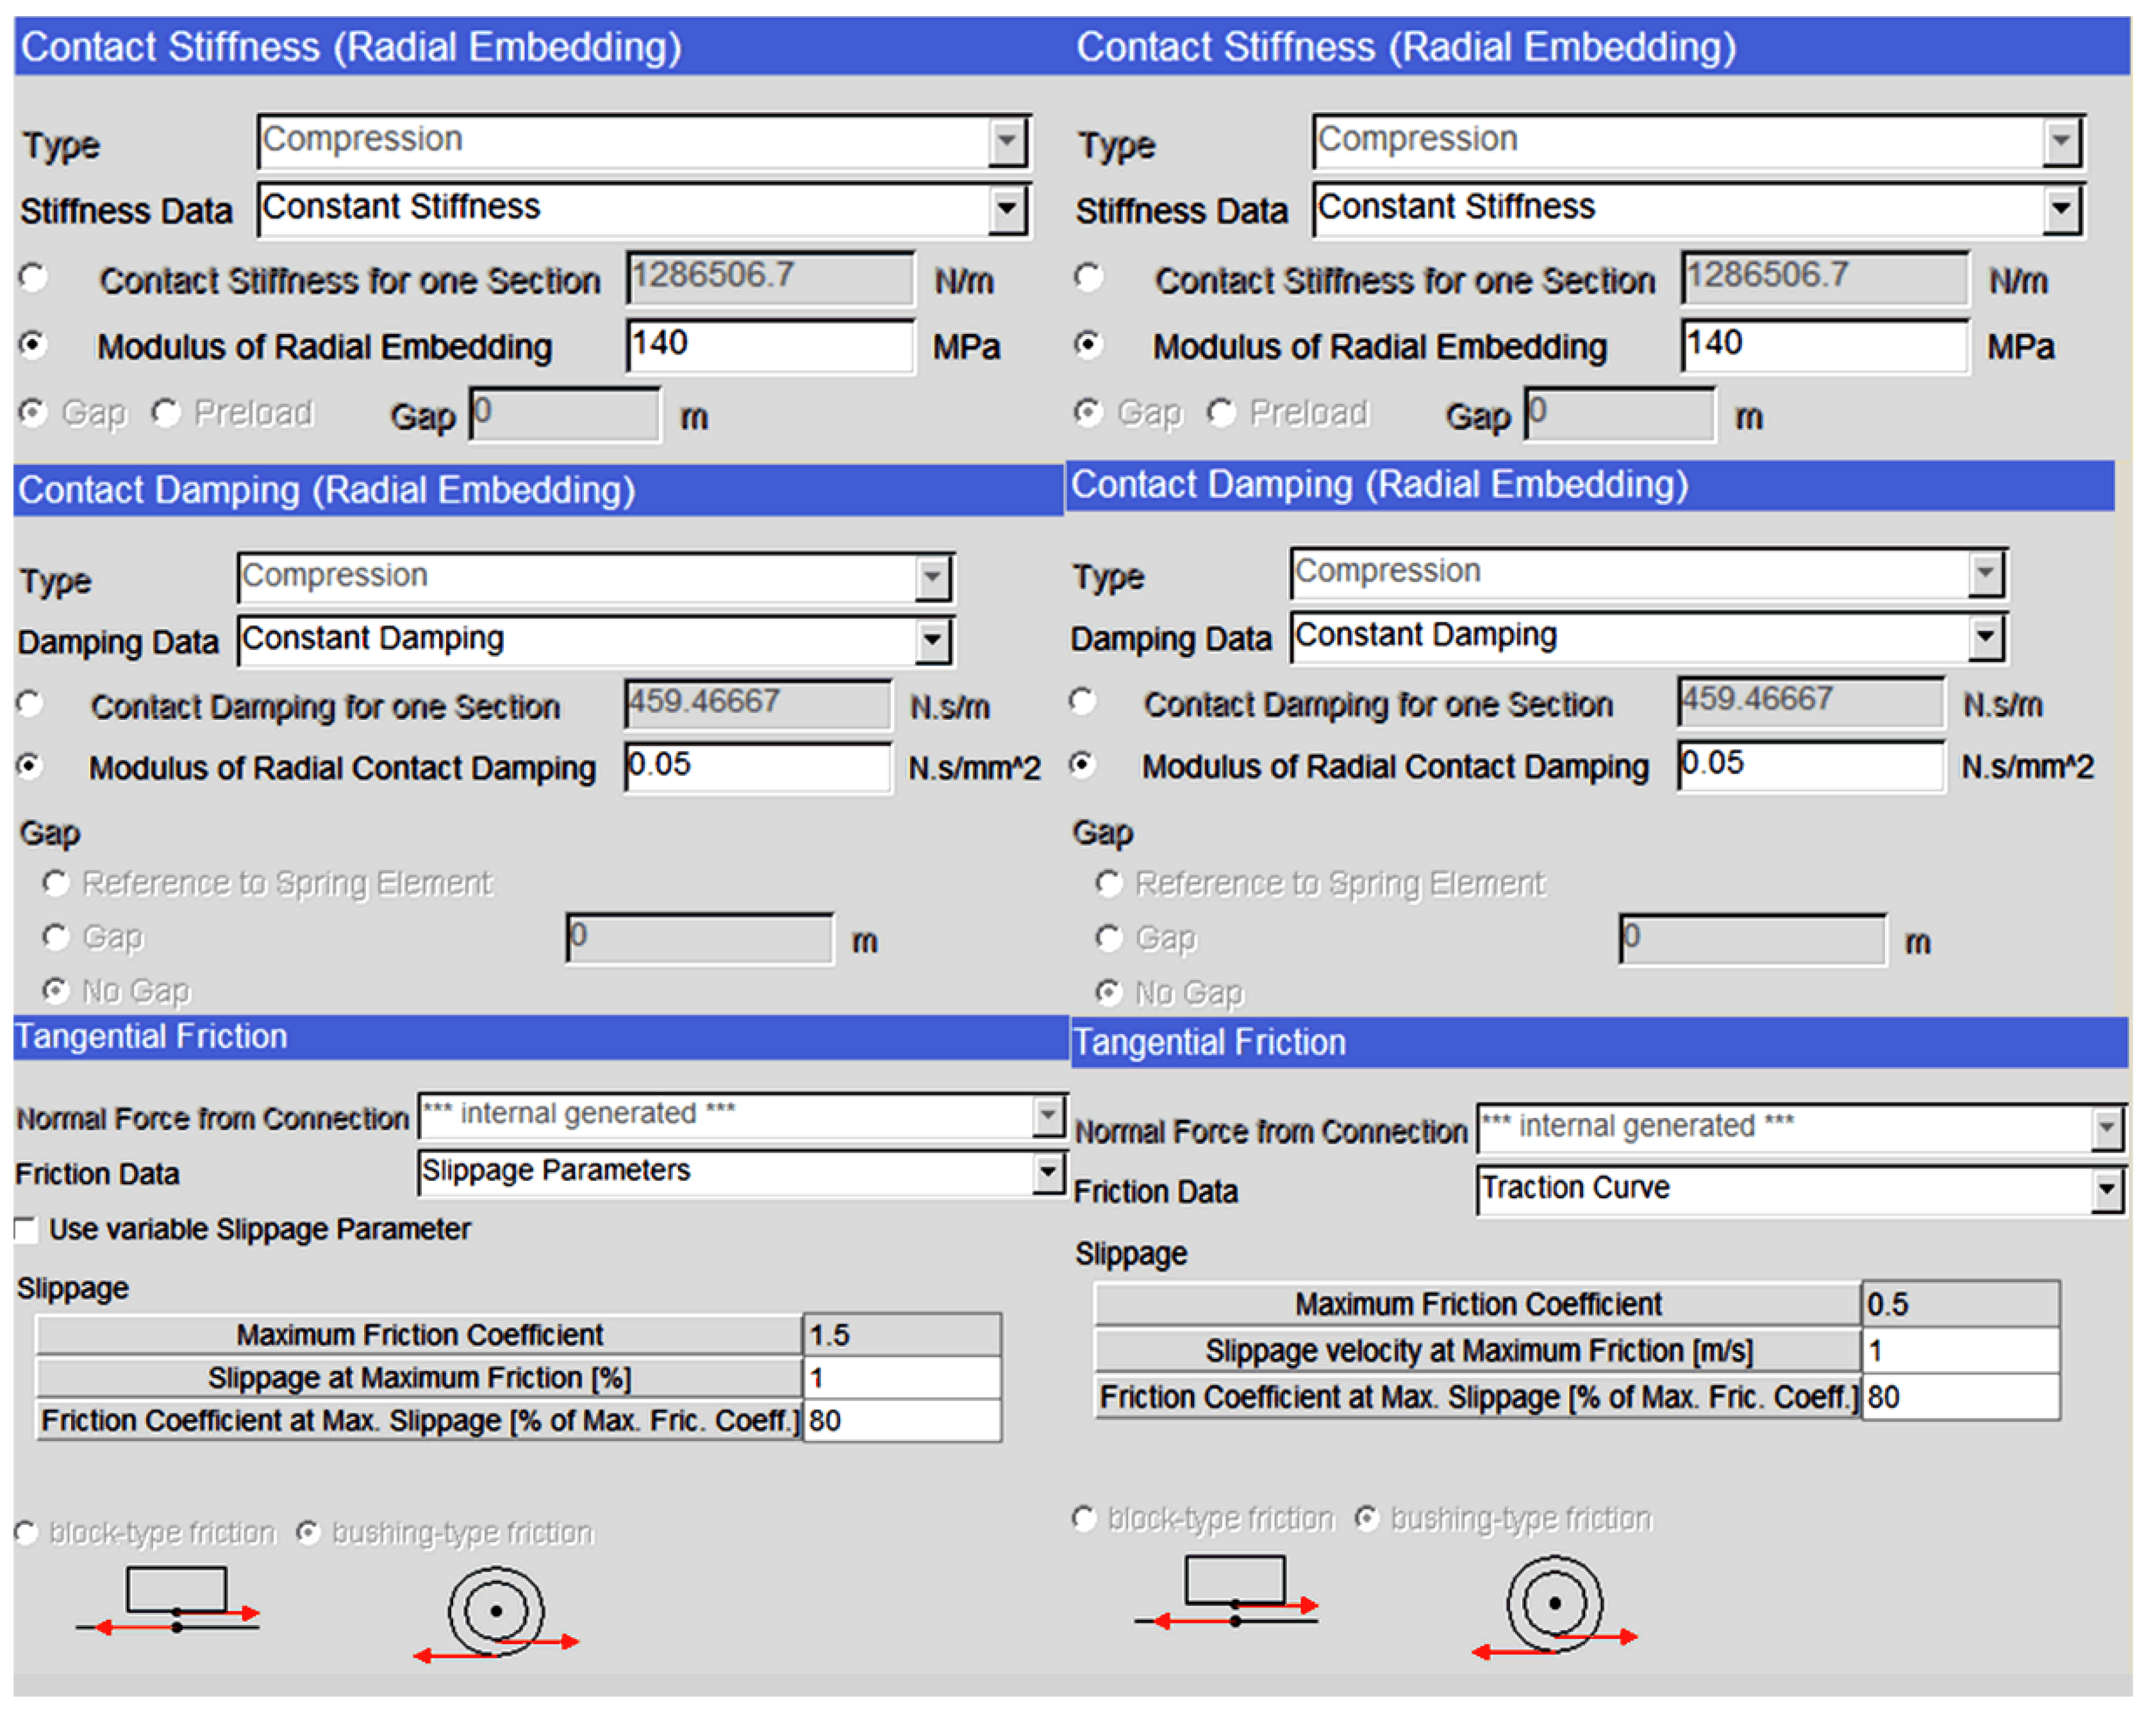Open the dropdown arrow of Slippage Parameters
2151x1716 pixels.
[x=1047, y=1172]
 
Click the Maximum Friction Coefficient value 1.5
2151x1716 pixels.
[x=901, y=1335]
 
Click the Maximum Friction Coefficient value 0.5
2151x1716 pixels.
[x=1959, y=1304]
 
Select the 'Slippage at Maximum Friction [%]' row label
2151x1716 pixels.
[x=419, y=1378]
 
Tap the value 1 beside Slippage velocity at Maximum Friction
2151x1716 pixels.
[x=1959, y=1351]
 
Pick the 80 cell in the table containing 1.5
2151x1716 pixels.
[x=901, y=1420]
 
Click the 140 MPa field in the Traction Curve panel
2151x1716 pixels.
[x=1823, y=346]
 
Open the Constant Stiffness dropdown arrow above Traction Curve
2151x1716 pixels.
[x=2061, y=210]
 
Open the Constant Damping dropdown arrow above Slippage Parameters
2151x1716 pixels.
[x=932, y=640]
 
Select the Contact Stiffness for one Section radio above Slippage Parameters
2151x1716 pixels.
[x=34, y=278]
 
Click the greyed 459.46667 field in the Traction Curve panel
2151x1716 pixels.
[x=1810, y=701]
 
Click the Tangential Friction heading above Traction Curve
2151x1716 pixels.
[x=1209, y=1042]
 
